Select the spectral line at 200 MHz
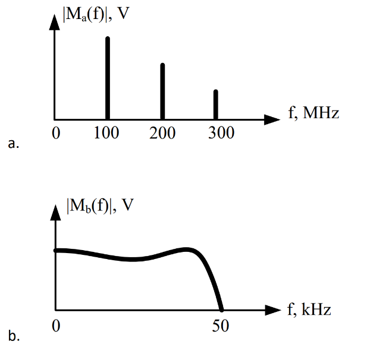pyautogui.click(x=162, y=91)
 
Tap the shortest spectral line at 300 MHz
pyautogui.click(x=215, y=105)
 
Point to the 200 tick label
pyautogui.click(x=162, y=133)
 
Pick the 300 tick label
pyautogui.click(x=221, y=133)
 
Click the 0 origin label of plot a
pyautogui.click(x=55, y=133)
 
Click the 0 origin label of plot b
pyautogui.click(x=55, y=326)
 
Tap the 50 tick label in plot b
pyautogui.click(x=221, y=326)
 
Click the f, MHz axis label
pyautogui.click(x=313, y=113)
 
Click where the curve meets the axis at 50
pyautogui.click(x=221, y=309)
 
